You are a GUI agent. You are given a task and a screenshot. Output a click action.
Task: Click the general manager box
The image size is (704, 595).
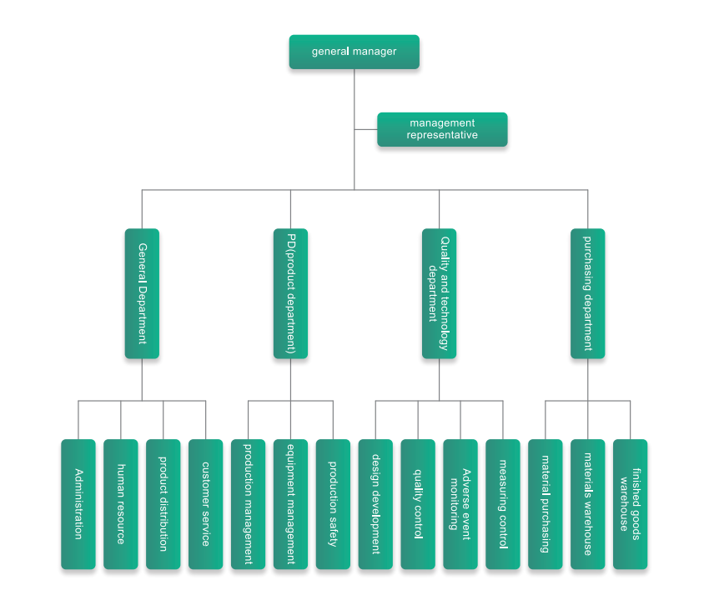(354, 52)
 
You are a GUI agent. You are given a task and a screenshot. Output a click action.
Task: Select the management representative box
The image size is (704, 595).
(442, 129)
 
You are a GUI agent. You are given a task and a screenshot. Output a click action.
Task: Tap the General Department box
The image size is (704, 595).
(142, 293)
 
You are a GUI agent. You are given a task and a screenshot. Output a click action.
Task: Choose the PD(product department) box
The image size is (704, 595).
(290, 293)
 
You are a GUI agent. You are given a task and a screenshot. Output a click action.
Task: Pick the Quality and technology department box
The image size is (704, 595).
(439, 293)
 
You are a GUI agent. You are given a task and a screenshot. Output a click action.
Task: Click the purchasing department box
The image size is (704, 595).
(587, 293)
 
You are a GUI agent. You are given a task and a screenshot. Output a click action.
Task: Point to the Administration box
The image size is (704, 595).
(78, 504)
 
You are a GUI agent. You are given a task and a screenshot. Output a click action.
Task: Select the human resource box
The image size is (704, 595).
(121, 504)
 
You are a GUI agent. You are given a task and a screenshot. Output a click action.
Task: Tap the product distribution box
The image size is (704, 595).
(163, 504)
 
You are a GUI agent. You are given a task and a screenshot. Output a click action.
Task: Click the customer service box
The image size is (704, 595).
(205, 504)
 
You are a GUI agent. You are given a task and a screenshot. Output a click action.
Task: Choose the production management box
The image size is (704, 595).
(248, 504)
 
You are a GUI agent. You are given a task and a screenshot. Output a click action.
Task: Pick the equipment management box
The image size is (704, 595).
(290, 504)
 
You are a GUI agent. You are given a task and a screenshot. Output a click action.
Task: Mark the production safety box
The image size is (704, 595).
(333, 504)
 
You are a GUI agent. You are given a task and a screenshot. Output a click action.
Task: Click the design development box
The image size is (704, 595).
(375, 504)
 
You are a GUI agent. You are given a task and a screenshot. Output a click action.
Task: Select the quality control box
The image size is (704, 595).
(418, 504)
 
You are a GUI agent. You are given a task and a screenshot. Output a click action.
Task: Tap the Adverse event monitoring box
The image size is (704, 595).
(460, 504)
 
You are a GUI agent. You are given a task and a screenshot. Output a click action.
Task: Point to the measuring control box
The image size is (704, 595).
(503, 504)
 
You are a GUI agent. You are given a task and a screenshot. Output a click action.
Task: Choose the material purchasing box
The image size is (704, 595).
(546, 504)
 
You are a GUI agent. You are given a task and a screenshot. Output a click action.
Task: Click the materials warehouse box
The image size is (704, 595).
(587, 504)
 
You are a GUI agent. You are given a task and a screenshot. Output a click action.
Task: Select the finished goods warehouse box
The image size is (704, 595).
(630, 504)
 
